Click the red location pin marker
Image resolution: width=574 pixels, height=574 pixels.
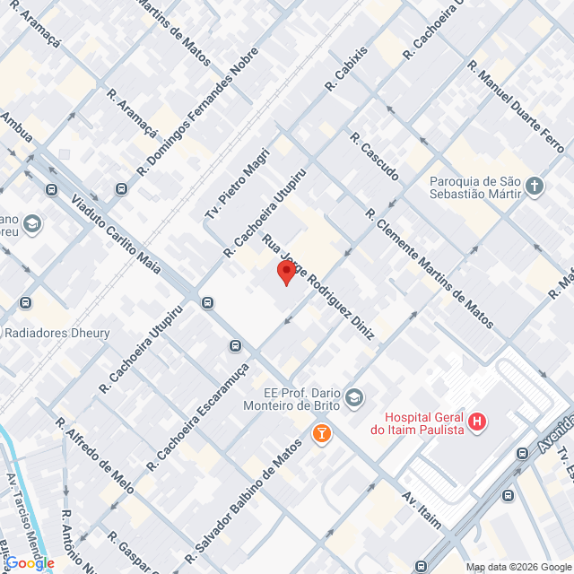(286, 273)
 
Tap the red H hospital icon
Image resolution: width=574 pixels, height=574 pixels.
(478, 421)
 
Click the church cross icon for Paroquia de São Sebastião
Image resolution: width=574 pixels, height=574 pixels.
(535, 187)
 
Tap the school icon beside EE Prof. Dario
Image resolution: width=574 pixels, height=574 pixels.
(355, 396)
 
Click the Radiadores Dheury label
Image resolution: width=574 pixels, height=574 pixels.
(57, 333)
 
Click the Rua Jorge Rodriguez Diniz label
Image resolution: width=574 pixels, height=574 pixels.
(317, 286)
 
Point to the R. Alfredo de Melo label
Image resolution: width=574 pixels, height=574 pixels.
(94, 456)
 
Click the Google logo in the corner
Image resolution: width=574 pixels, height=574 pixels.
(29, 562)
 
